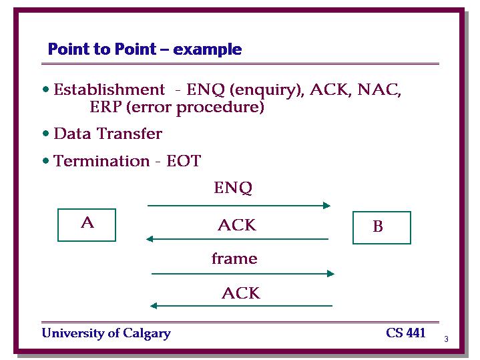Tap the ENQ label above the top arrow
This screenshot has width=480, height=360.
(x=233, y=188)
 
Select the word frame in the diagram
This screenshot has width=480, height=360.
(x=234, y=258)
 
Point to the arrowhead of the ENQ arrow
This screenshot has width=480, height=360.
(x=327, y=205)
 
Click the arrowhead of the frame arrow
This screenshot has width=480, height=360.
(x=330, y=274)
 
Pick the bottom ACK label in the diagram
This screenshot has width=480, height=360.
(x=241, y=293)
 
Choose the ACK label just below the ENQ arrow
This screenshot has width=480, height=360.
(x=237, y=225)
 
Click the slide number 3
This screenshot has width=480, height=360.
(x=447, y=339)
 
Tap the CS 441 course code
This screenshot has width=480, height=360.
(x=406, y=333)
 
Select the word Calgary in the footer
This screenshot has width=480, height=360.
(x=147, y=334)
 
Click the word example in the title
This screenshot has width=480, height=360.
(x=207, y=49)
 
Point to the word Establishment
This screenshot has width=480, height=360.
(x=109, y=89)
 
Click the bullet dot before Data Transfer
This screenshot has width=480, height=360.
(x=46, y=134)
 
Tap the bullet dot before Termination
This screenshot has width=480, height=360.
(x=46, y=161)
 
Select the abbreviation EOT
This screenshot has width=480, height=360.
(x=184, y=161)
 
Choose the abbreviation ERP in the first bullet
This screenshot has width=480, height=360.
(x=105, y=107)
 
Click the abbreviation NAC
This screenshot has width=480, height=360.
(x=379, y=89)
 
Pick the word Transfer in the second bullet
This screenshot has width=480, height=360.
(x=130, y=134)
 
